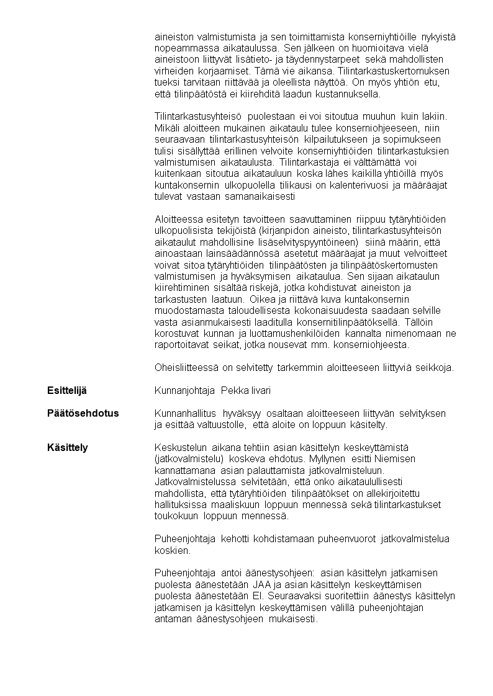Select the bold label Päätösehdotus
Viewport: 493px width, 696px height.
click(83, 413)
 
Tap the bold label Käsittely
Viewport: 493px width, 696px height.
click(68, 447)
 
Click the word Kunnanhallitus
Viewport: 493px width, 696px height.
click(186, 413)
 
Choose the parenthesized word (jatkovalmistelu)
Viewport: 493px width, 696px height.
click(189, 458)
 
